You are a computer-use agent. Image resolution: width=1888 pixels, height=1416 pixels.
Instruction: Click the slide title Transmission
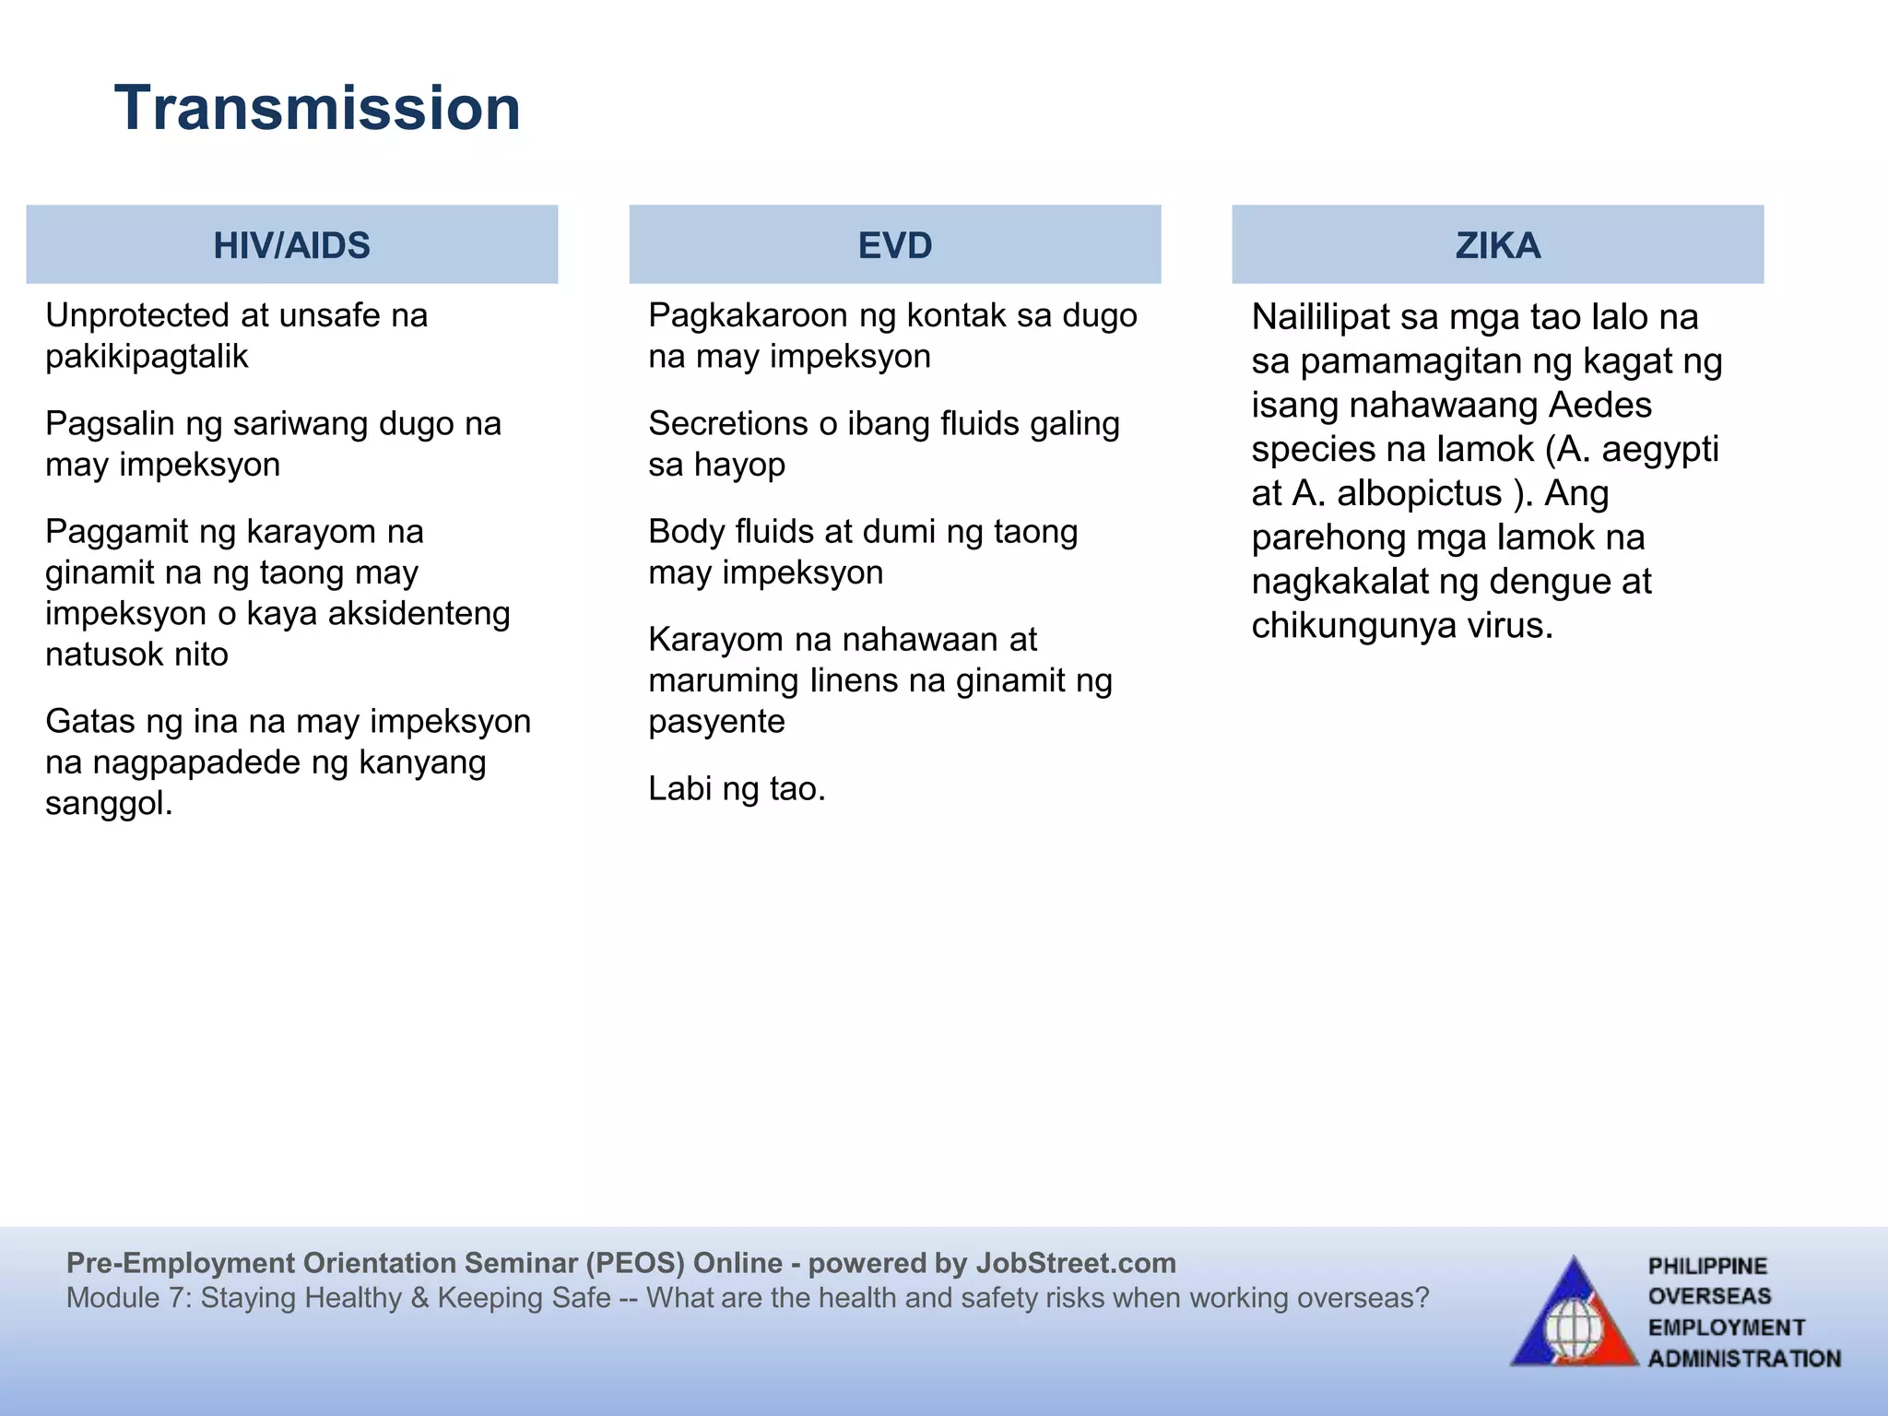317,108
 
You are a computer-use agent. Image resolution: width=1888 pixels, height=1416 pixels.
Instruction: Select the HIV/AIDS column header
291,245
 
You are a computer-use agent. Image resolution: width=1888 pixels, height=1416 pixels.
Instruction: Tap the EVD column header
894,245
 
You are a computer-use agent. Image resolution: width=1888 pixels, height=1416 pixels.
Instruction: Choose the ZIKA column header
1497,245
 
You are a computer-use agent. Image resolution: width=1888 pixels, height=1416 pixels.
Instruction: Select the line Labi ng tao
736,789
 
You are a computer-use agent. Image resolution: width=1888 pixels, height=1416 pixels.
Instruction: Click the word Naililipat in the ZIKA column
1320,317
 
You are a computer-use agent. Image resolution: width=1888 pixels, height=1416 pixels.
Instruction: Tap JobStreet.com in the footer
1075,1263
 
